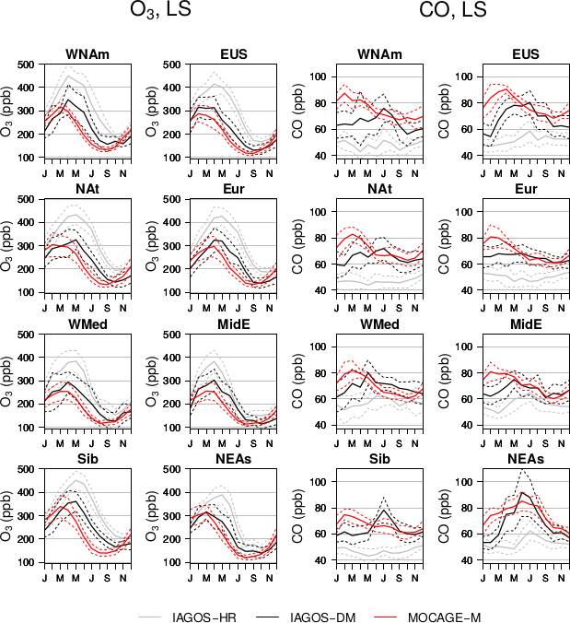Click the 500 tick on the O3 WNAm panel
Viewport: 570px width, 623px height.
pyautogui.click(x=29, y=65)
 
